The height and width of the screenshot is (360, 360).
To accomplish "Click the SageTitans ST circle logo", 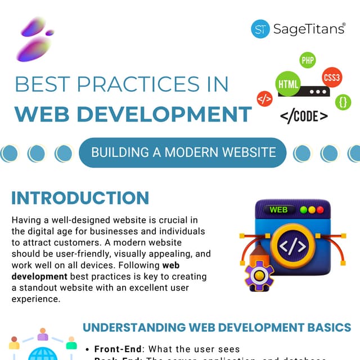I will [x=260, y=29].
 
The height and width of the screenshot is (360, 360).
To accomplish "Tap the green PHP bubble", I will [x=308, y=60].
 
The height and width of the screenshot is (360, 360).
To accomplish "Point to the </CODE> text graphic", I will [x=304, y=116].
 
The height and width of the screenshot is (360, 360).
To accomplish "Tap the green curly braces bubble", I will [x=343, y=102].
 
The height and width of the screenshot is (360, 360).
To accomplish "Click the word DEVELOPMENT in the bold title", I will [x=172, y=114].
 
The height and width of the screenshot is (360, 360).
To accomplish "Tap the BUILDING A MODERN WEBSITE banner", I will [x=183, y=152].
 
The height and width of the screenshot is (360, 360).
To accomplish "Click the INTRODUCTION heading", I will [x=80, y=198].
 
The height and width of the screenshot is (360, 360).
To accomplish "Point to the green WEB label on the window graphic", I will [x=278, y=210].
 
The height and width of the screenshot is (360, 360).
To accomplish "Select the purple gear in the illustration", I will [x=259, y=275].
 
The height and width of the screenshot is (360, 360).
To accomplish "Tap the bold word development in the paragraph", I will [x=35, y=277].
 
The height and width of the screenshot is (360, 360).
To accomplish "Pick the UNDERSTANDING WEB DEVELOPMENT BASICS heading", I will [x=217, y=327].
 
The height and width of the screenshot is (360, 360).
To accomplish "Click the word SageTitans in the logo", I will [x=309, y=29].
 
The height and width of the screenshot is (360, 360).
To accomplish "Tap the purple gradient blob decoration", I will [x=35, y=39].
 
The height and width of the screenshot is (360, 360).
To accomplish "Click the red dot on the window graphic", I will [x=320, y=210].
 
